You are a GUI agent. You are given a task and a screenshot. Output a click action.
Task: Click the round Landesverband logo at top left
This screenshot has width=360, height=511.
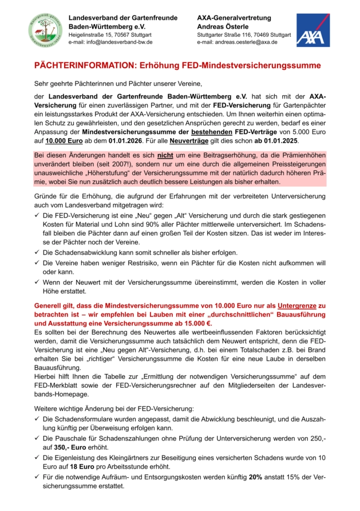(x=46, y=30)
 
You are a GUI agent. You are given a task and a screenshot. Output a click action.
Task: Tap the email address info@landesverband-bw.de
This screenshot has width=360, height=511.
(x=110, y=42)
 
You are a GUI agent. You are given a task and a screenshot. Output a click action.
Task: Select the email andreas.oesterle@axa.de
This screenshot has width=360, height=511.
(x=237, y=42)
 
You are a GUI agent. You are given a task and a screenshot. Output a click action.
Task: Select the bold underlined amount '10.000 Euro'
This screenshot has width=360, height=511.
(x=63, y=140)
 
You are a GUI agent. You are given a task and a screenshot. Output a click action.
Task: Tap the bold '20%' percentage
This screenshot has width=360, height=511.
(x=256, y=477)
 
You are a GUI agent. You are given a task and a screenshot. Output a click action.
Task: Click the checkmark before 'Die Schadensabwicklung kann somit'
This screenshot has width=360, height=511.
(x=37, y=253)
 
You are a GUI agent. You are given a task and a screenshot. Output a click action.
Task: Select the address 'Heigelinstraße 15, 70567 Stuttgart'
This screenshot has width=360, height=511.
(x=106, y=35)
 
